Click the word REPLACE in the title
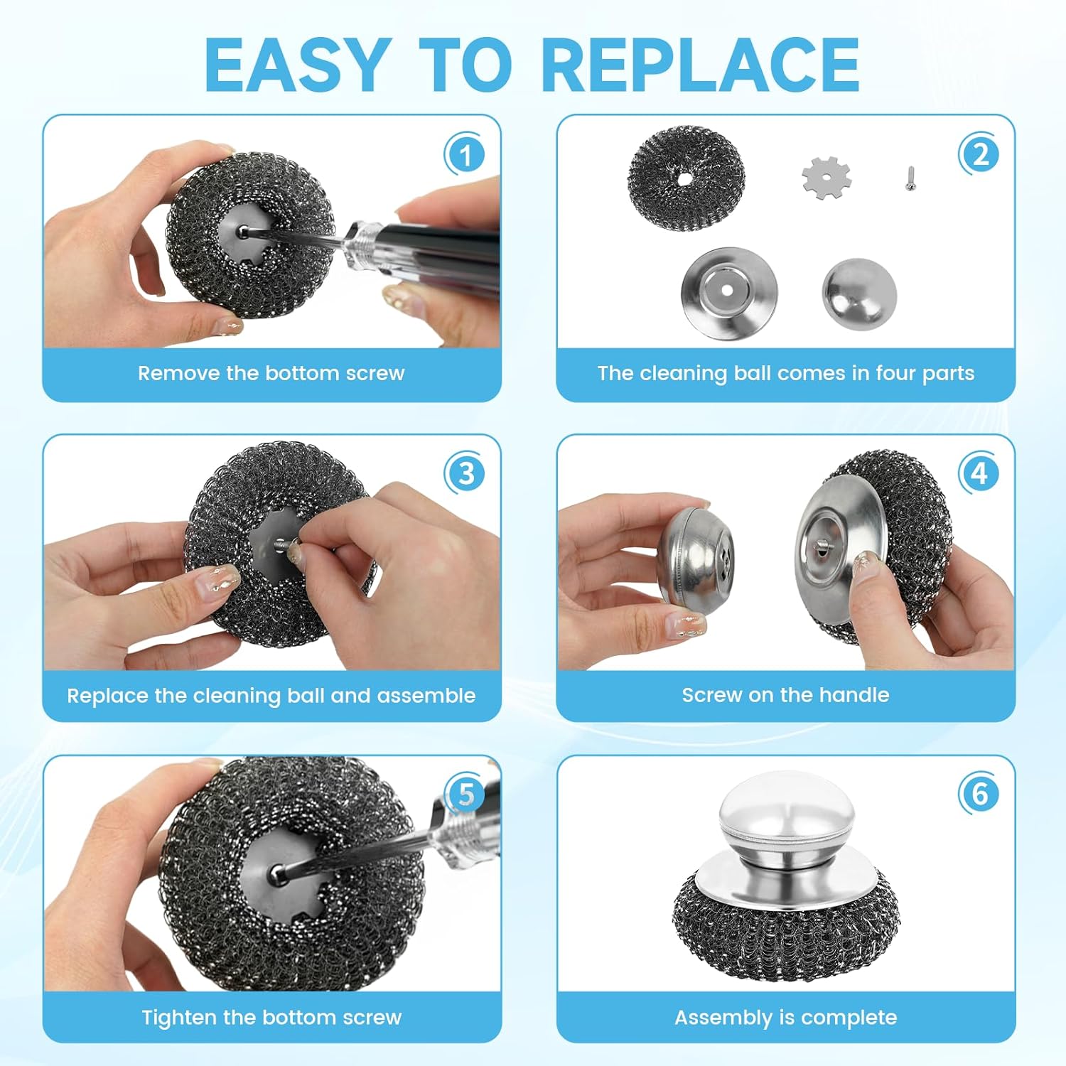pos(700,65)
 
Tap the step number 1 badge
pos(465,155)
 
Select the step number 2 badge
pos(979,154)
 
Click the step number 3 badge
pos(465,473)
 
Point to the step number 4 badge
pos(979,473)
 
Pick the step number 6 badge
pos(979,793)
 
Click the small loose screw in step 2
pos(910,178)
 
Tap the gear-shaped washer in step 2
pos(826,176)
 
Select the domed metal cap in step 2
pos(859,294)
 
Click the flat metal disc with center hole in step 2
pos(728,291)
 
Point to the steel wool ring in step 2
pos(686,178)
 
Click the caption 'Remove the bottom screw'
pos(271,373)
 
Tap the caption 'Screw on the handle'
pos(785,694)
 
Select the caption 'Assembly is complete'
pos(785,1017)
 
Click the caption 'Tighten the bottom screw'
pos(271,1017)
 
